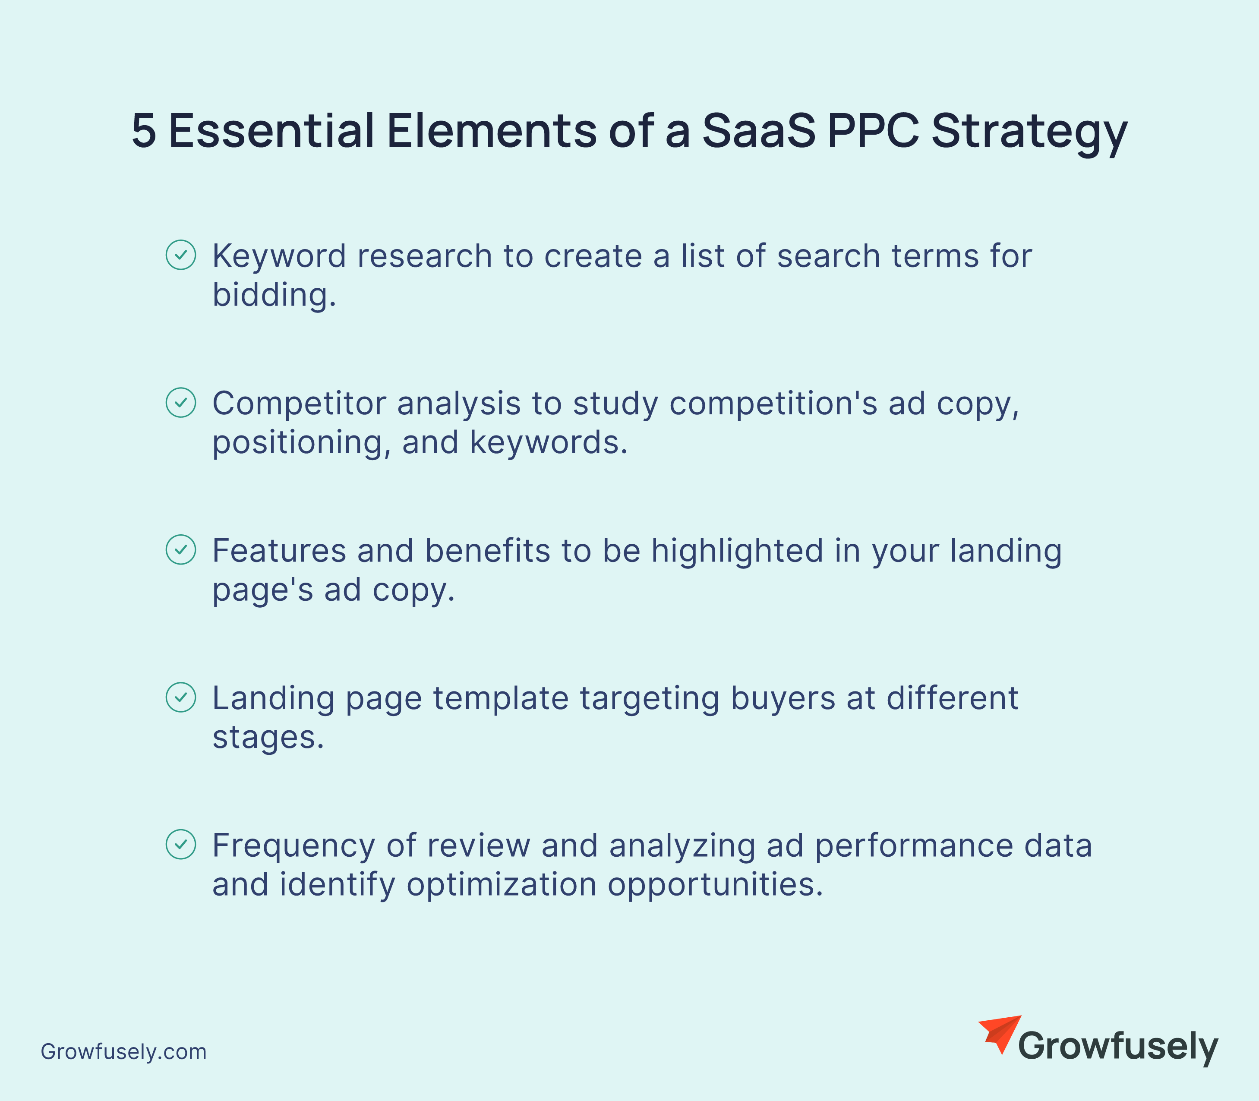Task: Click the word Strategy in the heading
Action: [x=1030, y=135]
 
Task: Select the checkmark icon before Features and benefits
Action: [x=181, y=550]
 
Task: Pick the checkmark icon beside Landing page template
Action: [x=181, y=697]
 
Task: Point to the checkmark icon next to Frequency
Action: [x=181, y=845]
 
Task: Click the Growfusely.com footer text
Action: [x=123, y=1052]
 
